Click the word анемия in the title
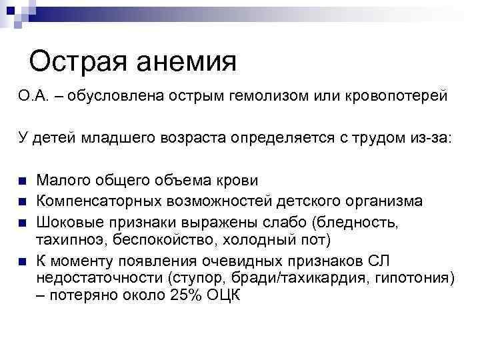click(183, 62)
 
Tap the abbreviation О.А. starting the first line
click(33, 99)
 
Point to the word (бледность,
click(394, 221)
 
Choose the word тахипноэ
click(69, 239)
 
